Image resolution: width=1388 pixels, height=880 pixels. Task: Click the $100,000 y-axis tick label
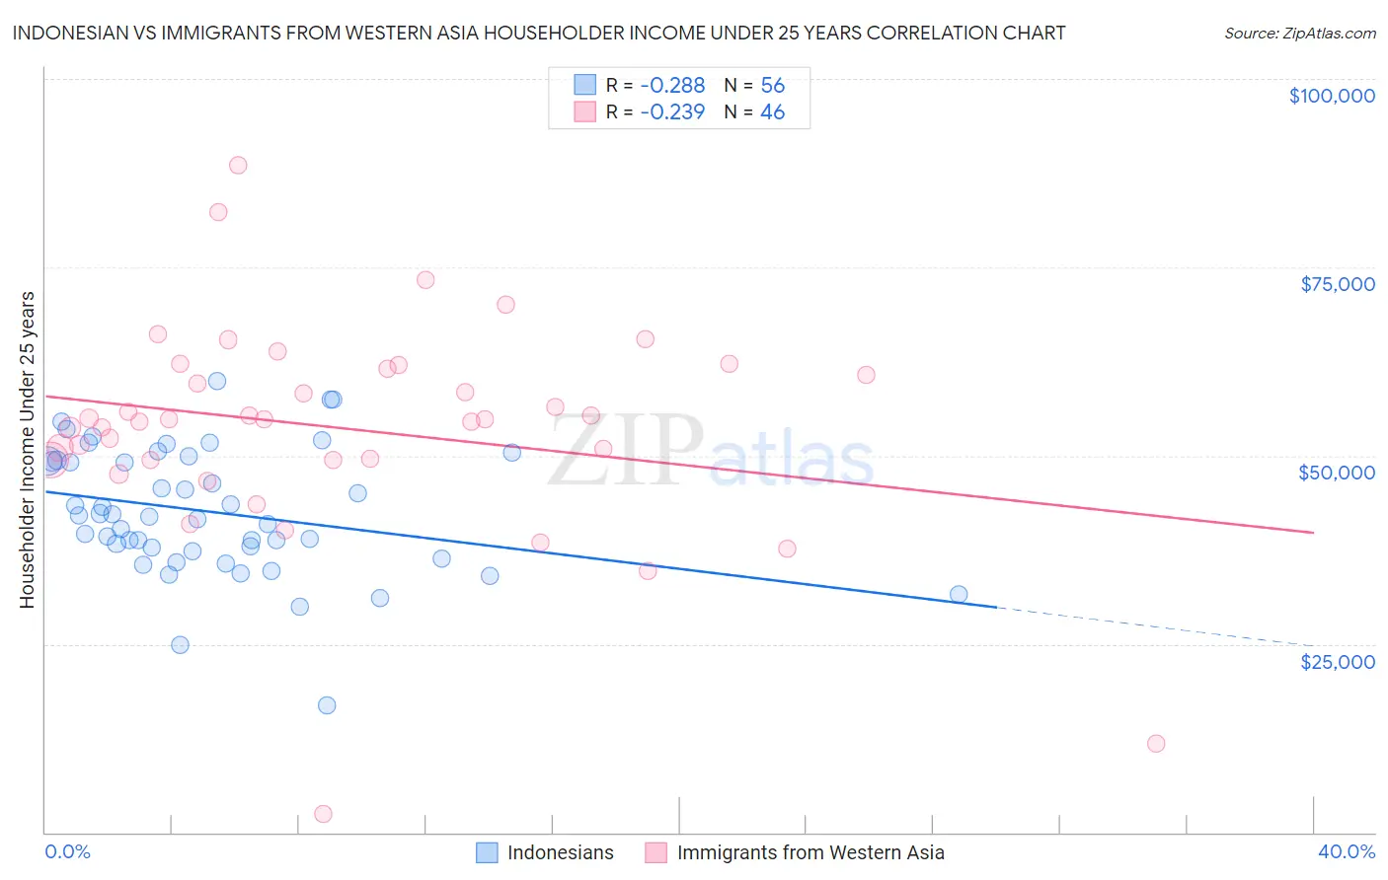[1331, 96]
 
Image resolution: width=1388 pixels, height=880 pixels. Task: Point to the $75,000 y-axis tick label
[1337, 284]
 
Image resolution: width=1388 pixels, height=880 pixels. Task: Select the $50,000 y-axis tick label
[1336, 473]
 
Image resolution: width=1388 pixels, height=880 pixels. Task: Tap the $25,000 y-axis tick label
[1337, 662]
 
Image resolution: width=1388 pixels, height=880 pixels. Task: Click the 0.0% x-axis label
[67, 852]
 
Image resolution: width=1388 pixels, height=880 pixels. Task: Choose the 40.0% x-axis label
[1346, 852]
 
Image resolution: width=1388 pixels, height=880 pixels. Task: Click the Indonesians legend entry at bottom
[560, 853]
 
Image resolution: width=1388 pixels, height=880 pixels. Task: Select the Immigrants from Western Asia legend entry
[810, 853]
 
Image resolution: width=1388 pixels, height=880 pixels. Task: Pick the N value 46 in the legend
[772, 112]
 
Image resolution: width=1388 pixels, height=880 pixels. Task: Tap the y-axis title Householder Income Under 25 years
[27, 449]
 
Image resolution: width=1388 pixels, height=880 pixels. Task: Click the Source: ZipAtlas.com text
[1299, 34]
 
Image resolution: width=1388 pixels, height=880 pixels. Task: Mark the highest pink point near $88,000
[237, 165]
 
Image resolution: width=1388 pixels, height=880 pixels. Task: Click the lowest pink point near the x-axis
[323, 814]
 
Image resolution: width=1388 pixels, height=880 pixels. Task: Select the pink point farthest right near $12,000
[1156, 744]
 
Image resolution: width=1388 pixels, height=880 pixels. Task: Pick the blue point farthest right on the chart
[958, 594]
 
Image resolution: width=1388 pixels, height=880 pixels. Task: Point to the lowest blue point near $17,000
[327, 705]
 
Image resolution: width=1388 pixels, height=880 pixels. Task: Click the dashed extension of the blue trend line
[1155, 626]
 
